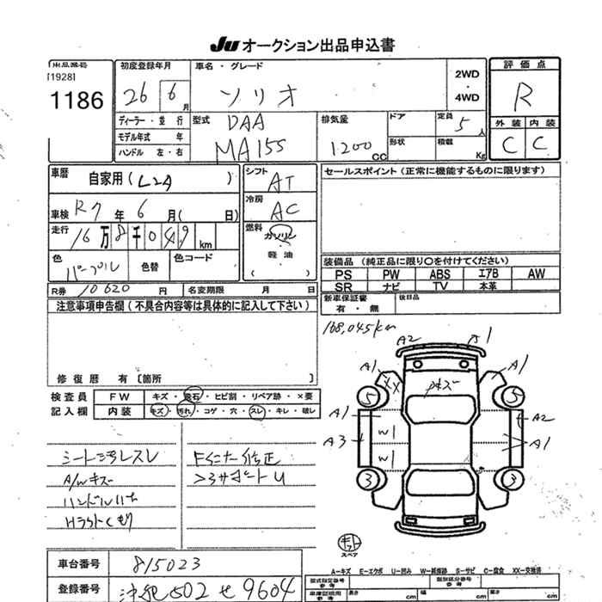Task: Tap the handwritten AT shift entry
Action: click(x=281, y=182)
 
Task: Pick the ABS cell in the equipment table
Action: click(x=440, y=273)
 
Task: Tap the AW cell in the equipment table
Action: click(x=537, y=273)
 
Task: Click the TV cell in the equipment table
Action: click(x=440, y=286)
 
